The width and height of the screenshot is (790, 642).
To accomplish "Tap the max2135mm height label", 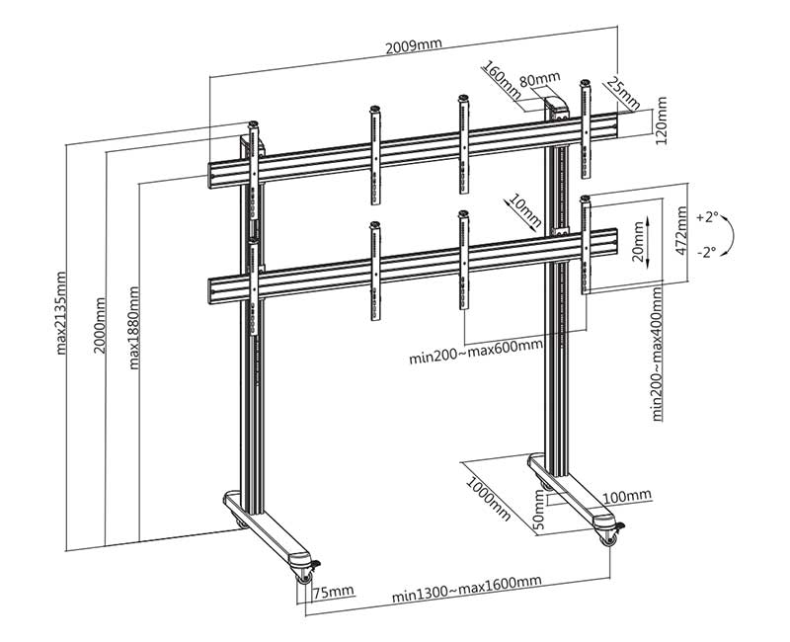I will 62,313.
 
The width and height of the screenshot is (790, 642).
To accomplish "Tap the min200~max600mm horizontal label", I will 476,346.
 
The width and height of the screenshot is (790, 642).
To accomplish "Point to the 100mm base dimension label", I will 627,494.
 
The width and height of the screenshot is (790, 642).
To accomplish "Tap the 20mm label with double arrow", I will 638,238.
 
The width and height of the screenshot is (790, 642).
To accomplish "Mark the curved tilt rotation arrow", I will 729,235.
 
